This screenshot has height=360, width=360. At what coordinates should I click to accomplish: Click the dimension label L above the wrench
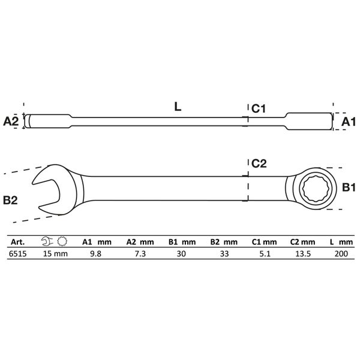[x=178, y=107]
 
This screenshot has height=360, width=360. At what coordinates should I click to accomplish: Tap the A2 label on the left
[x=11, y=121]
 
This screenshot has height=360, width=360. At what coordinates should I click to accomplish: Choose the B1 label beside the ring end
[x=349, y=188]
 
